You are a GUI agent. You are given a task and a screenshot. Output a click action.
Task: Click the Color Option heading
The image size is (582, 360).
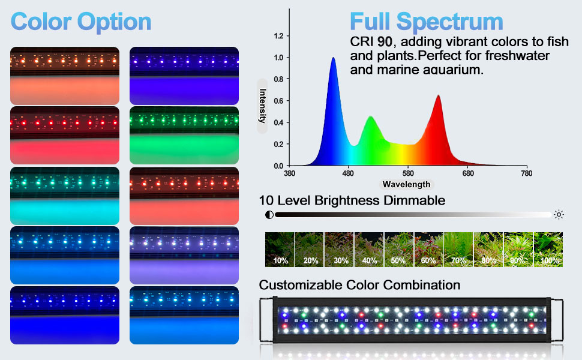click(81, 22)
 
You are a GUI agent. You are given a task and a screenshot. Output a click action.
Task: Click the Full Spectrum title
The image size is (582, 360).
click(427, 22)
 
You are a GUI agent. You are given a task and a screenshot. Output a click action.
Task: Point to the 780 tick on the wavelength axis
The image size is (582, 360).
click(526, 174)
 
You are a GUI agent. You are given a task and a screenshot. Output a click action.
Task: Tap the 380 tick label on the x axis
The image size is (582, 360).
click(289, 174)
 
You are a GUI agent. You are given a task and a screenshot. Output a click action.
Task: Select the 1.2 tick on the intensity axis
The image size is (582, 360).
click(278, 36)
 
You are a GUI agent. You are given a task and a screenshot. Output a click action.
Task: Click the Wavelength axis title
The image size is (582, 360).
click(406, 184)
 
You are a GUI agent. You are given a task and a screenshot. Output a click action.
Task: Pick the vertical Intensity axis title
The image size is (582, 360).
click(263, 106)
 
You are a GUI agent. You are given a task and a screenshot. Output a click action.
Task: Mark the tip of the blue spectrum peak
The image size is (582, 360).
click(334, 58)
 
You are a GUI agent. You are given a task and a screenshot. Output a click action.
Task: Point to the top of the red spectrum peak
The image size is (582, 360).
click(438, 95)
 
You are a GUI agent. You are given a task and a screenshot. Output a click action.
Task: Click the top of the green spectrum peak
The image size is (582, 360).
click(370, 116)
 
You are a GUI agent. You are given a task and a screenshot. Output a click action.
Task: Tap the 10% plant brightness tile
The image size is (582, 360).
click(280, 250)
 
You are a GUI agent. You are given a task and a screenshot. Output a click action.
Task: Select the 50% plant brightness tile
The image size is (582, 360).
click(399, 250)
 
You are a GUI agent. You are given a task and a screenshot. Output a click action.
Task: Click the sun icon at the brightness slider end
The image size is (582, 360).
click(559, 214)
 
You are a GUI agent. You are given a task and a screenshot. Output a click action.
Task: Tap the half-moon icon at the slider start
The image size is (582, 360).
click(269, 214)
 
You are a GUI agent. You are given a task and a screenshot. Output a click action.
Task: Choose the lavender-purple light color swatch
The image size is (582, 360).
click(184, 255)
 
